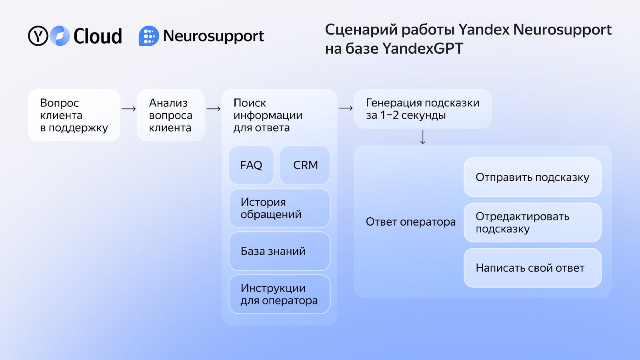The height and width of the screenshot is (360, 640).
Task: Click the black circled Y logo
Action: tap(38, 36)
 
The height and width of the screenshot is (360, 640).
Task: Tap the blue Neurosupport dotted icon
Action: tap(149, 36)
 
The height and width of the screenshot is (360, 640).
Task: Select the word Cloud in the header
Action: tap(98, 36)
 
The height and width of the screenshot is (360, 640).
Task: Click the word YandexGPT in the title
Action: tap(422, 48)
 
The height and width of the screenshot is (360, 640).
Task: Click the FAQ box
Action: tap(251, 165)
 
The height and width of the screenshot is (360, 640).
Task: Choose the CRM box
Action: tap(304, 165)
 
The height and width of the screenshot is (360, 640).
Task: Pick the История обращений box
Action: tap(280, 208)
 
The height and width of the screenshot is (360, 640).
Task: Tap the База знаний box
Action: tap(280, 251)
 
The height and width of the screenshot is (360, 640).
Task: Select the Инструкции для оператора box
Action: tap(280, 294)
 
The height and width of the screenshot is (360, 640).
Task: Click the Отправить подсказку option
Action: tap(532, 177)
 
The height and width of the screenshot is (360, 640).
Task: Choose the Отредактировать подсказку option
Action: tap(532, 222)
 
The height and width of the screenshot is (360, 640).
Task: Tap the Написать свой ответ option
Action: tap(532, 268)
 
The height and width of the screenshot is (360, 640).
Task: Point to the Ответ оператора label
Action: tap(410, 222)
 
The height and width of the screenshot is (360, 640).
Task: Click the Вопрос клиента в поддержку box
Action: tap(74, 115)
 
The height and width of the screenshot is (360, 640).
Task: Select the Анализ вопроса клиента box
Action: tap(171, 115)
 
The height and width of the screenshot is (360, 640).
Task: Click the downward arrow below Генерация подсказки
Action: tap(423, 137)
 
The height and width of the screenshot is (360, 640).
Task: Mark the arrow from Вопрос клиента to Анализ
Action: tap(129, 109)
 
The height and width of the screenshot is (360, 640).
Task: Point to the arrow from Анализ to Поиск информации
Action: tap(214, 109)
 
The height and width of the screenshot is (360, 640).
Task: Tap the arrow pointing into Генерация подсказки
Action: tap(346, 108)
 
